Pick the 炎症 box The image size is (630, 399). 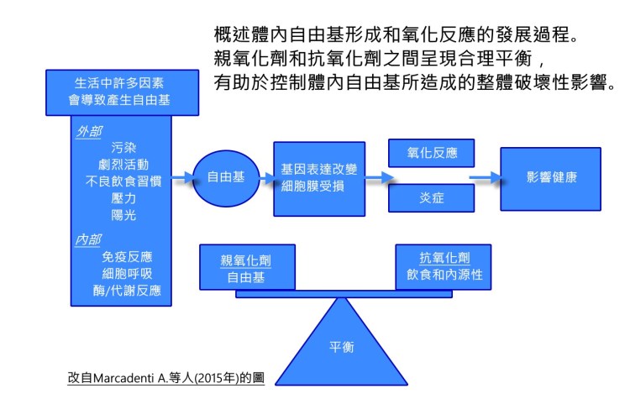tap(430, 198)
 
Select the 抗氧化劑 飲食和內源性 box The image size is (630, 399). tap(443, 266)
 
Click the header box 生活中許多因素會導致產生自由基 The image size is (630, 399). tap(123, 92)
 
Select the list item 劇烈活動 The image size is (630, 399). tap(123, 163)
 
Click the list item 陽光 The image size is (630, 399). tap(123, 214)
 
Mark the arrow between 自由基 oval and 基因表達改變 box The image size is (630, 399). tap(263, 178)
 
